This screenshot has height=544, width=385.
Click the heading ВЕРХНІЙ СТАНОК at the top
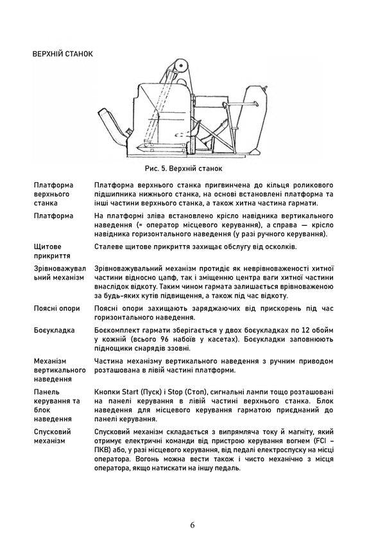(62, 54)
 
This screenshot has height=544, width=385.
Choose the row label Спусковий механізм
(53, 437)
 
